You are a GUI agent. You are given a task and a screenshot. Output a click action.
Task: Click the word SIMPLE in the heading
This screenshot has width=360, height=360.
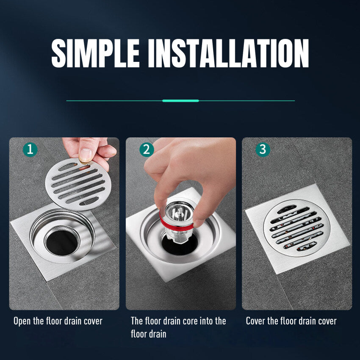95,53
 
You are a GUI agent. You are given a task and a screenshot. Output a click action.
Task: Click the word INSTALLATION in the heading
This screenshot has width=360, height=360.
228,53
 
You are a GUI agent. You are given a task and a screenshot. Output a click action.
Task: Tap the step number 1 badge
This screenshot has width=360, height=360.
30,150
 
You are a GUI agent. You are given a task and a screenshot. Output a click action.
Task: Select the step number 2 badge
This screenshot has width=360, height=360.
147,150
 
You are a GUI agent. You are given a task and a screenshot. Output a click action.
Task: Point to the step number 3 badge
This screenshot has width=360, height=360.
263,150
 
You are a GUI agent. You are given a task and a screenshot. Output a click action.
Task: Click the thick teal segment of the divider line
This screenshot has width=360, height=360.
180,100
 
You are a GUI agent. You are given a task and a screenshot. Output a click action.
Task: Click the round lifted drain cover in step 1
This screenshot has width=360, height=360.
78,184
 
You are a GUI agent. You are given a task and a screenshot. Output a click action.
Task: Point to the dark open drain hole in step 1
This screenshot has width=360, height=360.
62,242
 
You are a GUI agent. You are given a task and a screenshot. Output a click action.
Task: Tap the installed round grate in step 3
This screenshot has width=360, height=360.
296,228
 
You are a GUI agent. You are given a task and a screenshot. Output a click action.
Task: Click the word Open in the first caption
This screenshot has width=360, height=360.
22,321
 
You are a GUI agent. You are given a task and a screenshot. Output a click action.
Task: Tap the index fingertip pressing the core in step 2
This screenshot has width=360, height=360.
161,199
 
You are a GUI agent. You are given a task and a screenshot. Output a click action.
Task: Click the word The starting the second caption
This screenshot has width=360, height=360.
137,321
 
